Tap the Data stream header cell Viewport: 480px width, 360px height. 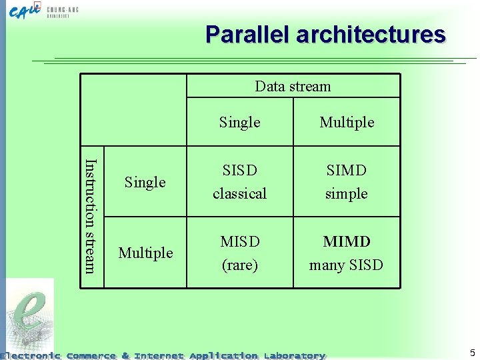(293, 86)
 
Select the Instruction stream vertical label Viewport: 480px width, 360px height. (92, 215)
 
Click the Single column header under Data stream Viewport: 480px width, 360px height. (239, 122)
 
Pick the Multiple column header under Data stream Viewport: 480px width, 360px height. (347, 122)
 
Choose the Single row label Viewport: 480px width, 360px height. (145, 182)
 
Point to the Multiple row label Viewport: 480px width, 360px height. (145, 253)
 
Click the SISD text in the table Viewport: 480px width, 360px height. (239, 170)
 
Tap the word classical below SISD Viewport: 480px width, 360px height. (239, 193)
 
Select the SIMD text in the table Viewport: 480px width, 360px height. (346, 170)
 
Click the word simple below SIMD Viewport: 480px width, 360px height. (346, 193)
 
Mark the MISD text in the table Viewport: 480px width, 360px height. (239, 241)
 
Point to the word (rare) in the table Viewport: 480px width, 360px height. (239, 265)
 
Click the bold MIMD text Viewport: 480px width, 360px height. (346, 241)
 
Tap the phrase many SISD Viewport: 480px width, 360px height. (346, 265)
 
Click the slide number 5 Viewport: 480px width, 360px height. (472, 353)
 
